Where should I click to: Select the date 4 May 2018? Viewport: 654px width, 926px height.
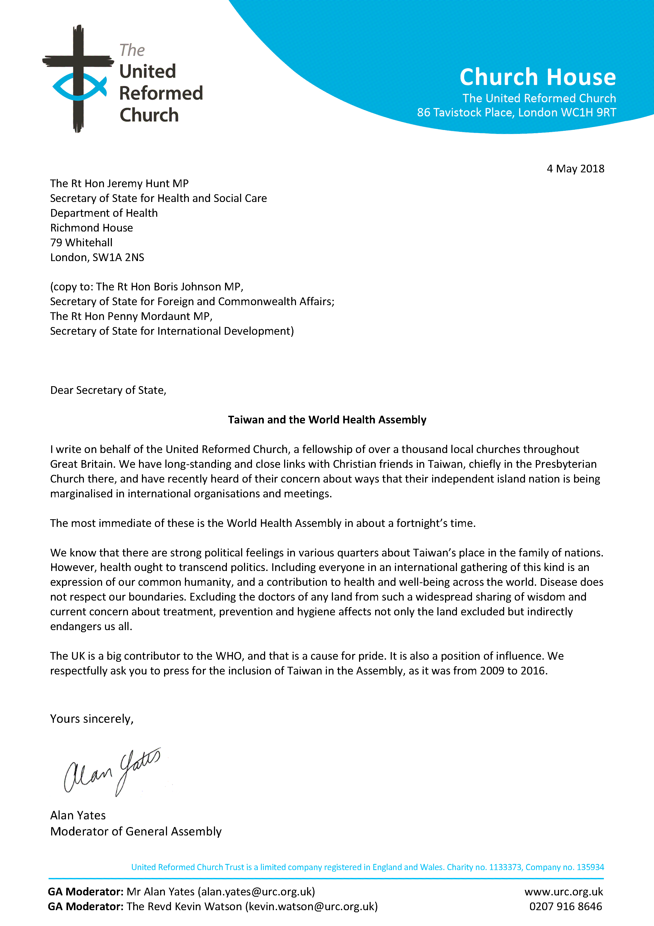(575, 169)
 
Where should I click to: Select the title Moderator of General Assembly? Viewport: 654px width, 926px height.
(136, 831)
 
